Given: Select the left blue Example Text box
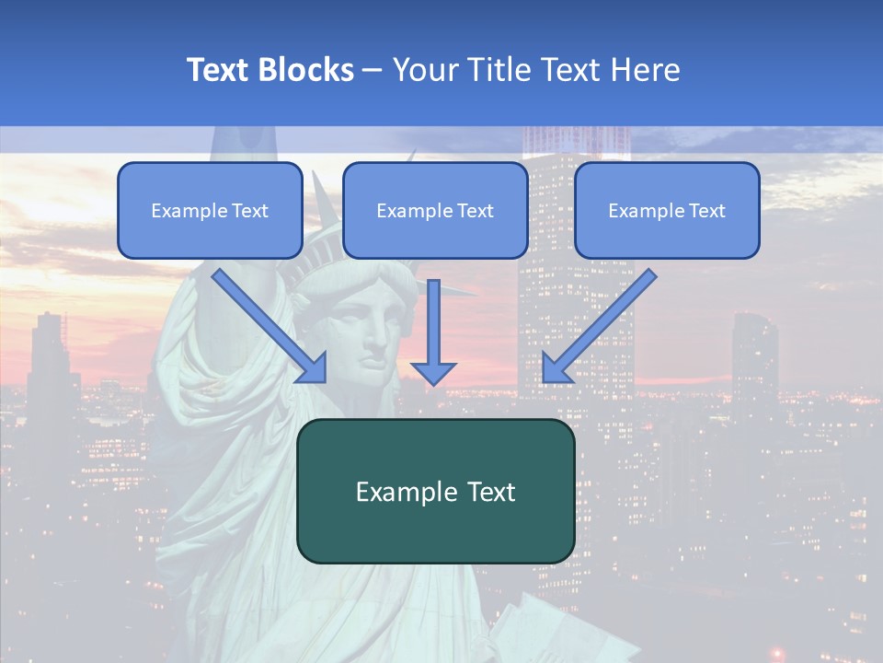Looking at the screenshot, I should tap(210, 210).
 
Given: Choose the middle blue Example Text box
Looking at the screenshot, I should tap(435, 210).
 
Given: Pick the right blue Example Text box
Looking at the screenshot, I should tap(667, 210).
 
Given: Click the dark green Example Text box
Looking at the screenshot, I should tap(435, 491).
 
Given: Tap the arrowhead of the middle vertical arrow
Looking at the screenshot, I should tap(433, 372).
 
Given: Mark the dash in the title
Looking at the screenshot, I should tap(373, 71).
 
